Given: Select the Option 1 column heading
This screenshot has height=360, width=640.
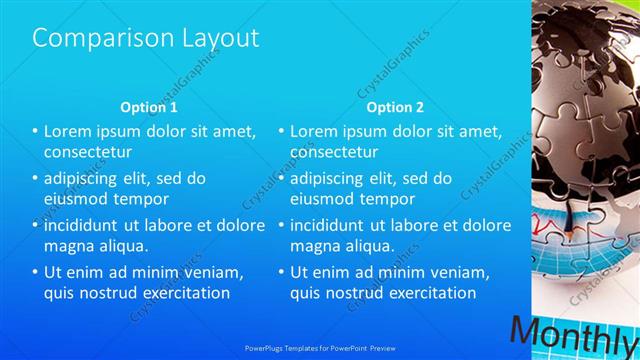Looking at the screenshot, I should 149,106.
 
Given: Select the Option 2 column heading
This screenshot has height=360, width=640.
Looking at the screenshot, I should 395,106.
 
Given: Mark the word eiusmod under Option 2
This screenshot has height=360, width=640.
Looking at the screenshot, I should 320,199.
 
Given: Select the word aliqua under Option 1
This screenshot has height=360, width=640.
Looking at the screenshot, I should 121,246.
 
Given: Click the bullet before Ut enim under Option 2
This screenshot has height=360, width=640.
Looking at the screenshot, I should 283,272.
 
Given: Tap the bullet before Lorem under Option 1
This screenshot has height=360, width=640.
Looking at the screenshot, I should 36,131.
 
